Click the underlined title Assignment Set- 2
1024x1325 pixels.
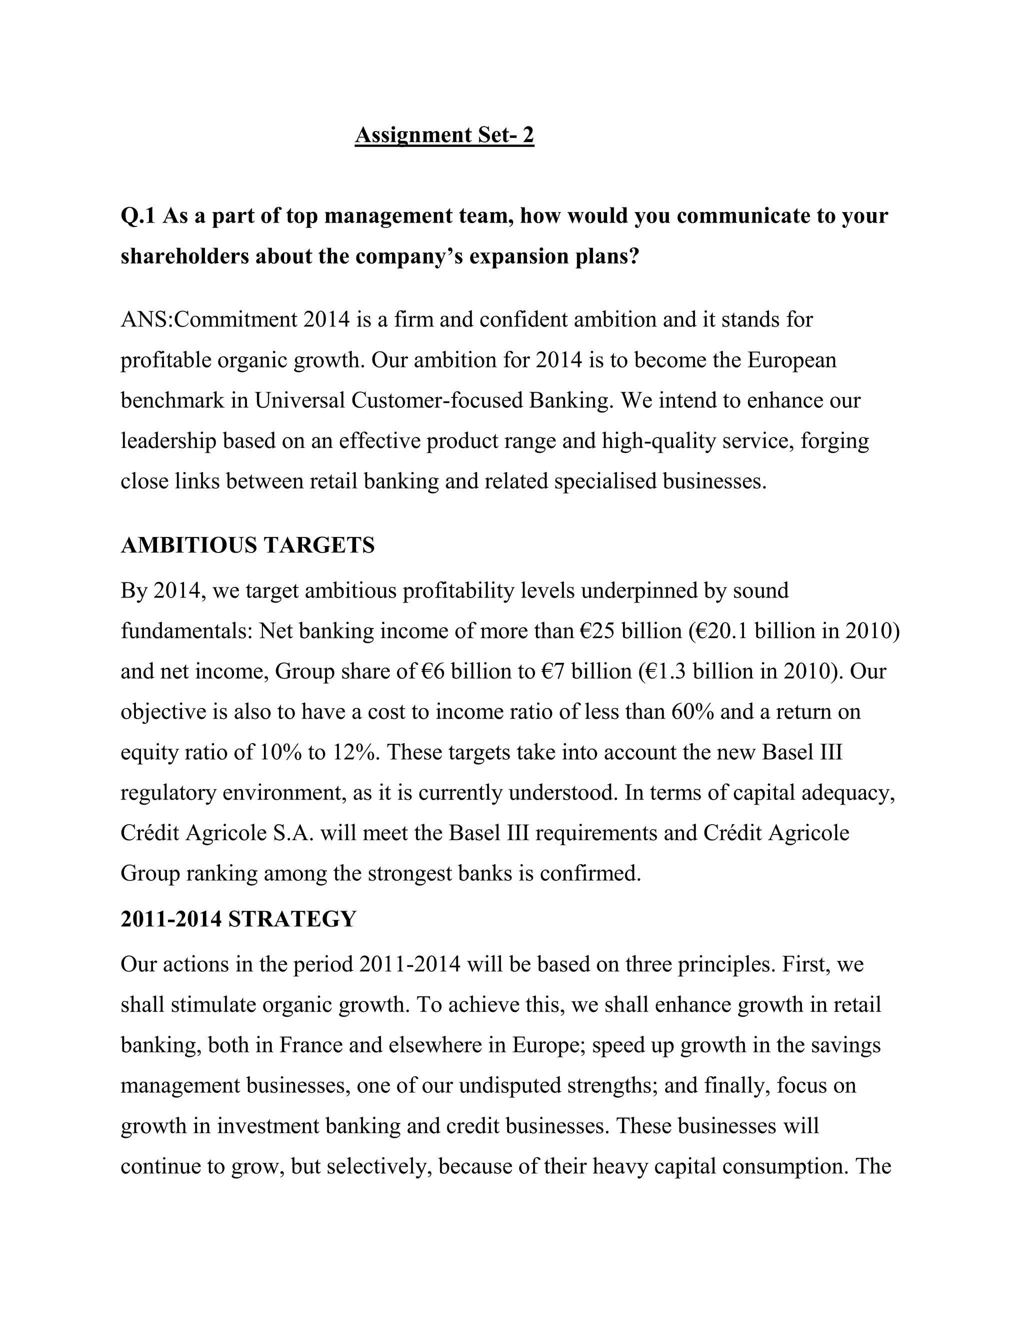(x=444, y=134)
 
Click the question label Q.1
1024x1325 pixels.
(x=138, y=216)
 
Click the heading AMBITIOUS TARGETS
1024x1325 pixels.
(x=247, y=545)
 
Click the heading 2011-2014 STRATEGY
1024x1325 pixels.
(x=238, y=919)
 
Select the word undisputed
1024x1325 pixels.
(x=509, y=1085)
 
